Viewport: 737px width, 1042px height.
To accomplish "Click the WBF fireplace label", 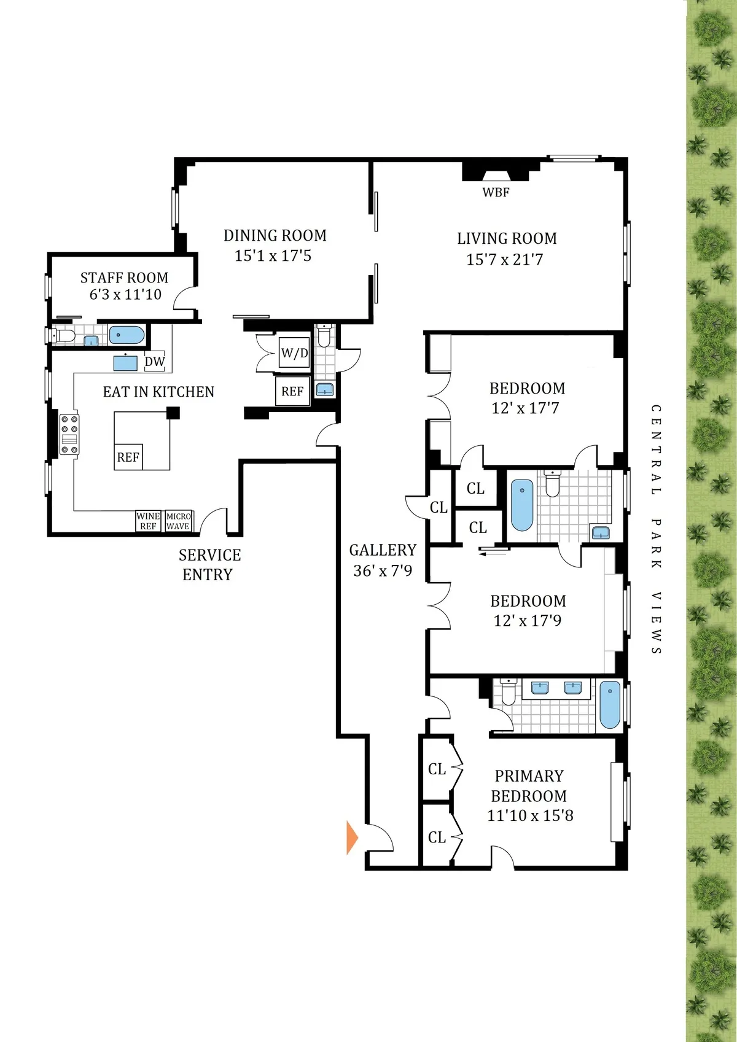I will click(496, 192).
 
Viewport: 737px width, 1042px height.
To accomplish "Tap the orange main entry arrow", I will click(352, 838).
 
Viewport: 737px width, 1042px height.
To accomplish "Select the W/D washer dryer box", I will click(294, 353).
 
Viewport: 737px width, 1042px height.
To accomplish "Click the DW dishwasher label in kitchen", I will click(155, 362).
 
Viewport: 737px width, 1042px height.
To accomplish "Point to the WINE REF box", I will click(148, 521).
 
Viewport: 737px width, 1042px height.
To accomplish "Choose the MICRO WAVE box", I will click(178, 521).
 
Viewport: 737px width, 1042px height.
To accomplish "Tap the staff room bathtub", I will click(127, 335).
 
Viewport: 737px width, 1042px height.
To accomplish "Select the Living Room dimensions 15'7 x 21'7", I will click(504, 260).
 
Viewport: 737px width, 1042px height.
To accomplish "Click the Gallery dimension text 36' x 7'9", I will click(383, 571).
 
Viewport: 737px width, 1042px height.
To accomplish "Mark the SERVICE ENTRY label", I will click(209, 565).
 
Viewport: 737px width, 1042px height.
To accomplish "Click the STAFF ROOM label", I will click(124, 278).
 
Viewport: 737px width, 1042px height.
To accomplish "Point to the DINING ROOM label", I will click(275, 236).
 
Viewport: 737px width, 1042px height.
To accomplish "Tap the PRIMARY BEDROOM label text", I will click(529, 786).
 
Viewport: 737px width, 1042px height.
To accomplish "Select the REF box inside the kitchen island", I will click(128, 457).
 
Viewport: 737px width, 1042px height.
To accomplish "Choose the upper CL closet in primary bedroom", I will click(437, 769).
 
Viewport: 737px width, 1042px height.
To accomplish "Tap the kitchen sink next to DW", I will click(125, 362).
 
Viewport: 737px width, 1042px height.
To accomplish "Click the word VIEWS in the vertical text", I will click(656, 623).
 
